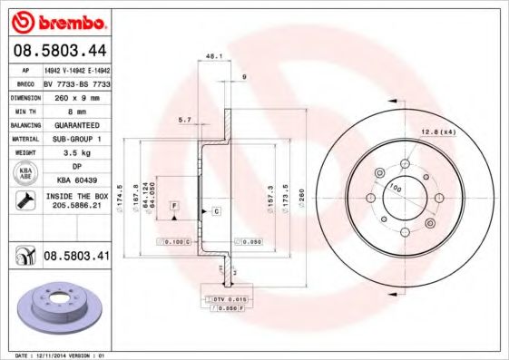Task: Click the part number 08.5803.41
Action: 76,257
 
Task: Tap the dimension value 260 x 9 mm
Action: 76,95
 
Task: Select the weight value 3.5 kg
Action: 76,153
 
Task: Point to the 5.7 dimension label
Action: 184,120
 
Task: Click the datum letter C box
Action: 217,211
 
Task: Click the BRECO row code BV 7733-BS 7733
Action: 76,81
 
